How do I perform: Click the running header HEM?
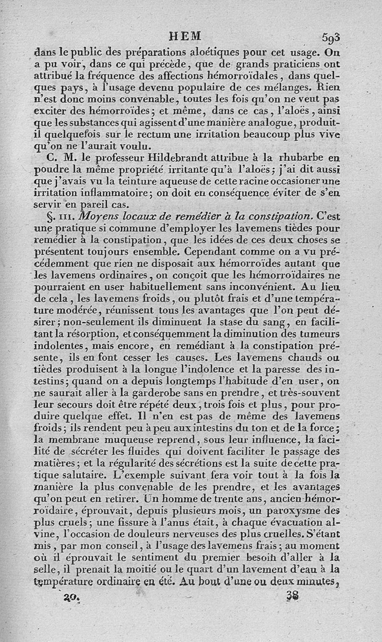185,36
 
